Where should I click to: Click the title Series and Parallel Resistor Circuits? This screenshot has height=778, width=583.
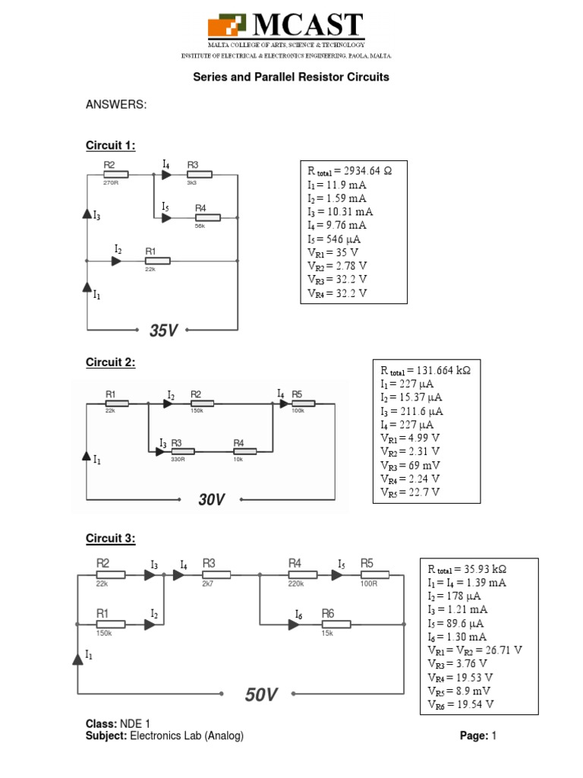(291, 77)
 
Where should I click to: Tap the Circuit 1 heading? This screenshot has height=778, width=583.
(110, 146)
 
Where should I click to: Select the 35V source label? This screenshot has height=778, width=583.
(163, 330)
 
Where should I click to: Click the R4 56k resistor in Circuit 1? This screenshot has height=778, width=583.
(207, 217)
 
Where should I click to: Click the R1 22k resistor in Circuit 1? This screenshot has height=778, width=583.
(157, 261)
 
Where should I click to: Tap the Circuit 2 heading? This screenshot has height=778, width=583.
(110, 362)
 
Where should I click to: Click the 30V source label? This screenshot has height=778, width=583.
(211, 499)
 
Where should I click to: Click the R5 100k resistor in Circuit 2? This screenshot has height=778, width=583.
(302, 404)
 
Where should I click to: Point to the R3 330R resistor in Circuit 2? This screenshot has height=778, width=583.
(182, 451)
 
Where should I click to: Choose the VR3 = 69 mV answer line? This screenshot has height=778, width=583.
(411, 464)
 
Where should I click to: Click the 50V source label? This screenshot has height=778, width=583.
(260, 694)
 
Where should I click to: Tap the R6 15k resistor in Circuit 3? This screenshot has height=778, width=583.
(338, 624)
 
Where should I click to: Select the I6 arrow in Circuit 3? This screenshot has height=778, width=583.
(292, 625)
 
